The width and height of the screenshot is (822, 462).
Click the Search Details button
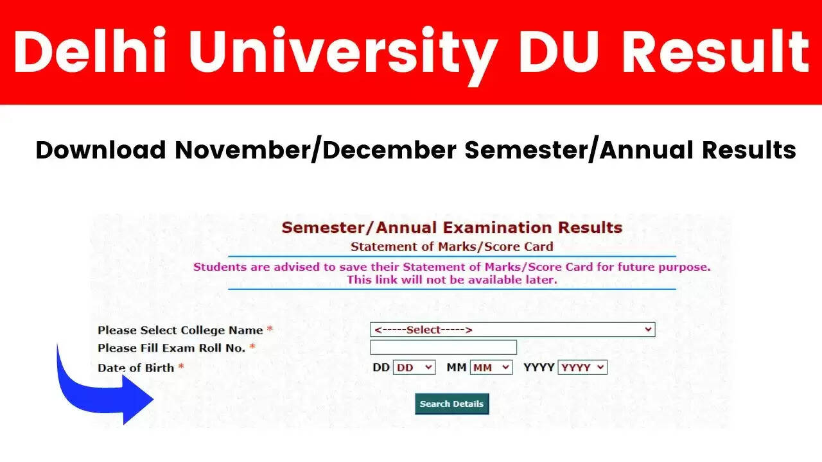[451, 404]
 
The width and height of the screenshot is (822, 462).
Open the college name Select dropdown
[512, 330]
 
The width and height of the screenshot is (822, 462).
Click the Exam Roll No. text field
[443, 348]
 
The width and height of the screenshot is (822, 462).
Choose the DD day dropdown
[414, 368]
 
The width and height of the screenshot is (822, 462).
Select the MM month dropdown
[491, 368]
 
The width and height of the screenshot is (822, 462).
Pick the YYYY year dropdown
[582, 368]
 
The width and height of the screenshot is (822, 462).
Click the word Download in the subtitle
[101, 150]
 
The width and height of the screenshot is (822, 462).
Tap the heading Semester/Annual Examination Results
[452, 227]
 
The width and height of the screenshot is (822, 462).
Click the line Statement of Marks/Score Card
[452, 246]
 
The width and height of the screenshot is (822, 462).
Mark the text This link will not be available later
[452, 280]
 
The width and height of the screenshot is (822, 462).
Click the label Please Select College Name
[180, 330]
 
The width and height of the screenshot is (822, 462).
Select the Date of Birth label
[136, 368]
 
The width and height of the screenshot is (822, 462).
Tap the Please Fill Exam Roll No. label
[171, 348]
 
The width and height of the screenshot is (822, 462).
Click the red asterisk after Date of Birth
[181, 367]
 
